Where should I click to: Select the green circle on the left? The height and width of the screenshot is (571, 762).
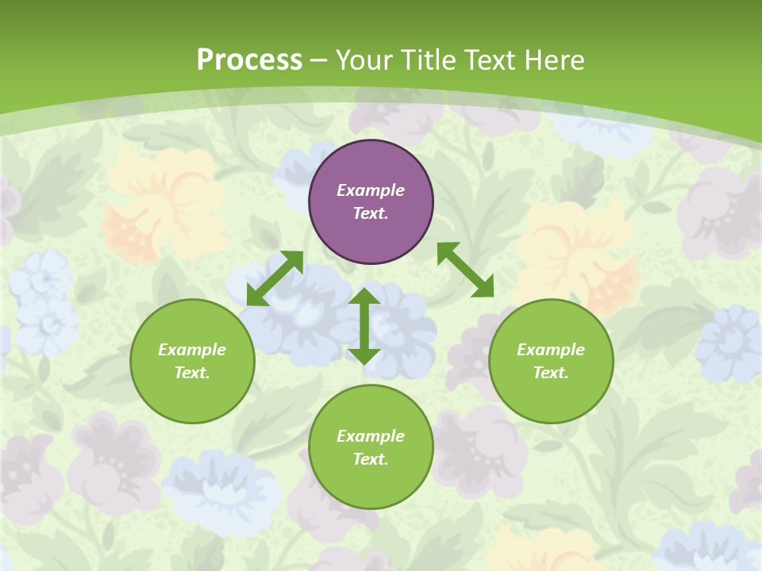tap(192, 397)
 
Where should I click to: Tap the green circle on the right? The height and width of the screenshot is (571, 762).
tap(551, 397)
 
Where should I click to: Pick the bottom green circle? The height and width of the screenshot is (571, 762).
tap(371, 484)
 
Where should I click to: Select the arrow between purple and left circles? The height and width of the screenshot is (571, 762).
tap(275, 278)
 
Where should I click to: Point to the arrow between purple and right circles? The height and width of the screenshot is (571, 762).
tap(465, 270)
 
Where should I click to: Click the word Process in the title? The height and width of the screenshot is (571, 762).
tap(249, 59)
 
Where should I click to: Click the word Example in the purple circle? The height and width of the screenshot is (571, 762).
tap(371, 190)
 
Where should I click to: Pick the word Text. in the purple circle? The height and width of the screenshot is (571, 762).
tap(371, 213)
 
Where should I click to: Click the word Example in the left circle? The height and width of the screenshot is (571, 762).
tap(192, 350)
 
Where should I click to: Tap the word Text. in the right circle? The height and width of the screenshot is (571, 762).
tap(551, 373)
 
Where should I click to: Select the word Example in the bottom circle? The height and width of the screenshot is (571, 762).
tap(371, 436)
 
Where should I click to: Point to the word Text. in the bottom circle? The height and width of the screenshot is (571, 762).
tap(371, 459)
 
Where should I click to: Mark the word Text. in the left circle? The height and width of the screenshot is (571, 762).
tap(192, 373)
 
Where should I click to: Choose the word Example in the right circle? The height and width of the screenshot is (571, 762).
tap(551, 350)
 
